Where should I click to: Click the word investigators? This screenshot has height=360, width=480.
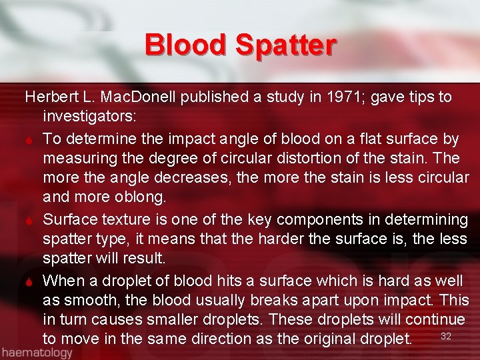89,117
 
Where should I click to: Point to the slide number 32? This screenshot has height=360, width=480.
446,336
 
